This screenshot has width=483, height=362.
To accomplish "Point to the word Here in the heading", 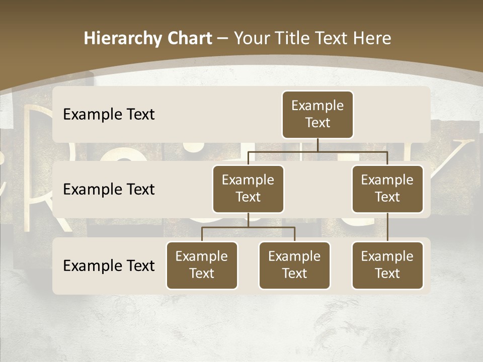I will (373, 38).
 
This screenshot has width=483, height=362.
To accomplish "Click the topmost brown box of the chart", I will (317, 114).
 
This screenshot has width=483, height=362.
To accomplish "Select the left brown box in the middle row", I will (248, 189).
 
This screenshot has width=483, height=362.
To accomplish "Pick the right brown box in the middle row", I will (387, 189).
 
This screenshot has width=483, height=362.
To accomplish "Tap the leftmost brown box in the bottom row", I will (202, 265).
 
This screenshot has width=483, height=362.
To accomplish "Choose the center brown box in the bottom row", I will (294, 265).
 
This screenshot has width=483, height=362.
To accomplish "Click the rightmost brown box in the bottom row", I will (387, 265).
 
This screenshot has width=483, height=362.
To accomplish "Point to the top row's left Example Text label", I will (109, 114).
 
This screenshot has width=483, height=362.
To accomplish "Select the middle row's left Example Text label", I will (109, 189).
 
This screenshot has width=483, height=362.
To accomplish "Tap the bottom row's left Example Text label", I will (109, 265).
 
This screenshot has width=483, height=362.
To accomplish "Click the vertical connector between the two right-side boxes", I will (387, 227).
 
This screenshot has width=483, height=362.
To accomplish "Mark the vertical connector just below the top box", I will (317, 145).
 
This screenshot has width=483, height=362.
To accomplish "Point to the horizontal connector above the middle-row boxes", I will (317, 151).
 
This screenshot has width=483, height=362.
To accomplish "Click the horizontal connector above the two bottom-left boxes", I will (248, 227).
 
